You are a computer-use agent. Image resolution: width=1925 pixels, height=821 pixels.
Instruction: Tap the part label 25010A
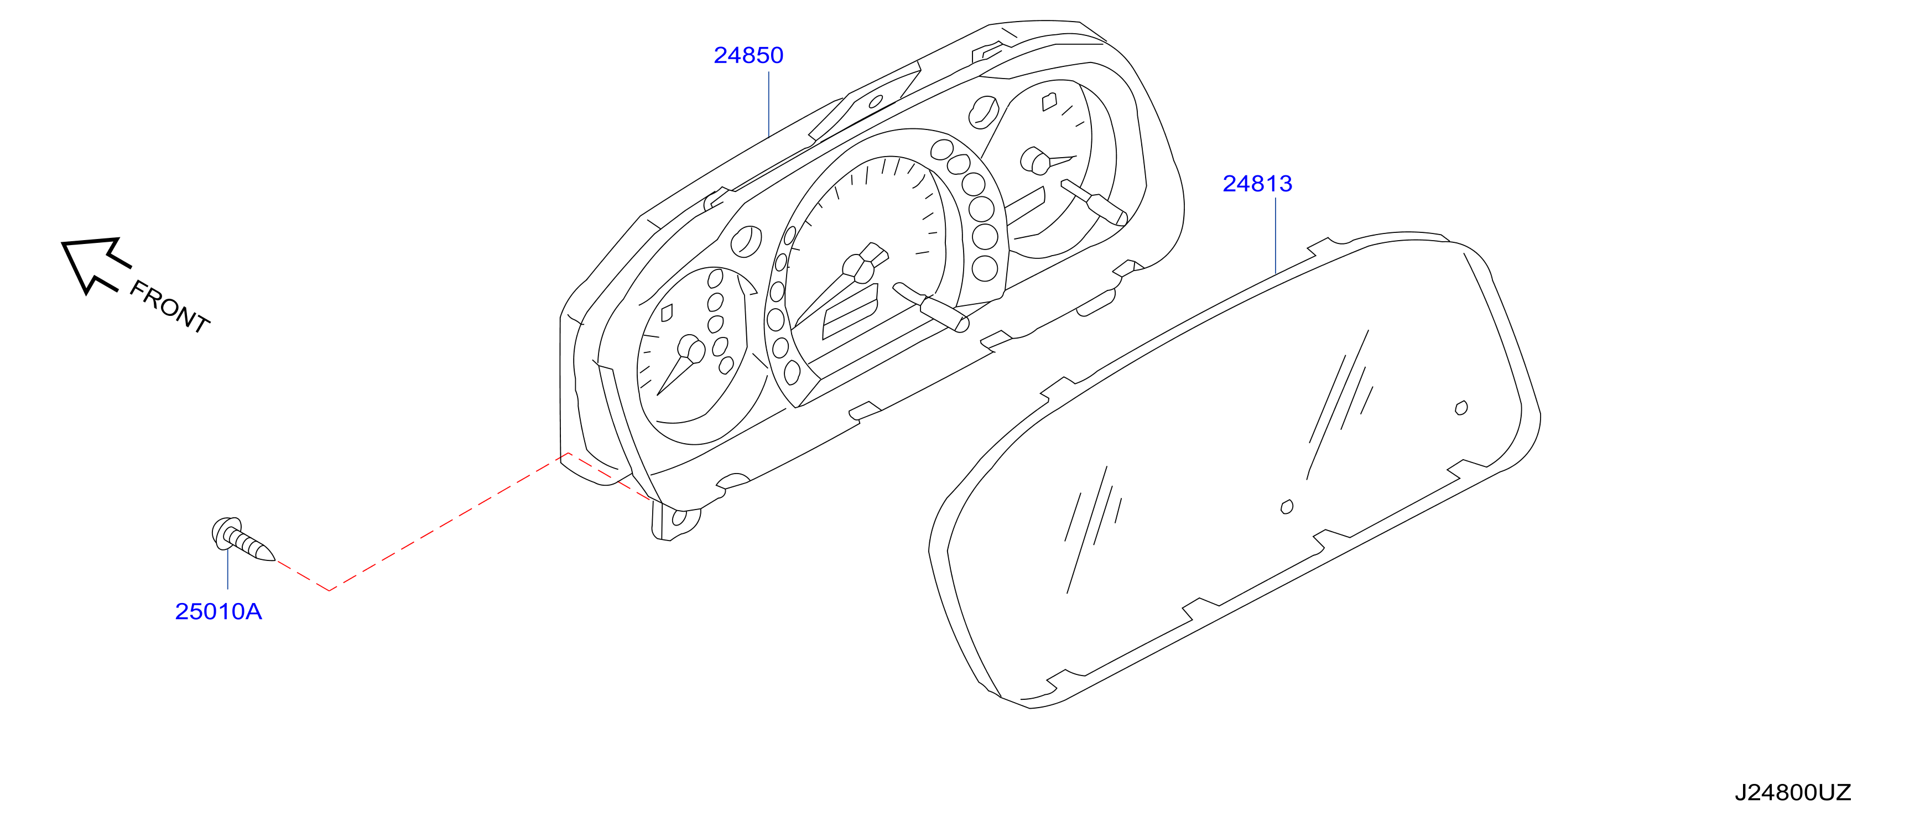218,612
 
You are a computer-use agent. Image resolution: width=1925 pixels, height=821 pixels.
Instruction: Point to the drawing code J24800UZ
1793,793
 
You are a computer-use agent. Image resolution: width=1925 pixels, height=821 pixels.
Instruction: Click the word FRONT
170,306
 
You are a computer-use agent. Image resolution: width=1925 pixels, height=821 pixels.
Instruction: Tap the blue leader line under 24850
769,105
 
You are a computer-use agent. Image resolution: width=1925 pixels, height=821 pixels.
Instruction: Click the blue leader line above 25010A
228,569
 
